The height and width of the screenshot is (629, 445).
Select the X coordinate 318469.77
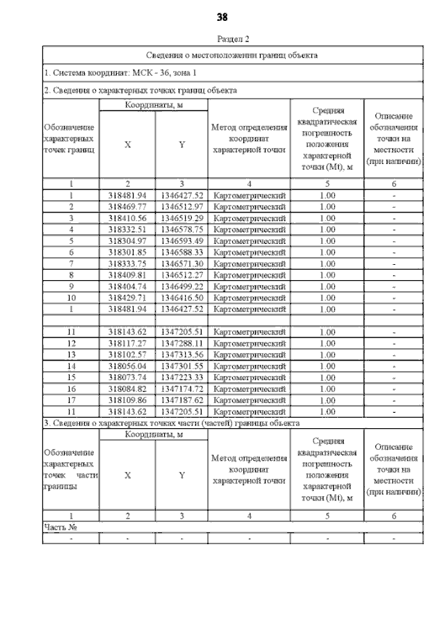point(127,207)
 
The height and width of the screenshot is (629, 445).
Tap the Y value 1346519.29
point(181,218)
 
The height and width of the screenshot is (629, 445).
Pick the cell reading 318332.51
point(127,229)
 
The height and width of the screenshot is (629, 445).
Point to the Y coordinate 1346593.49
point(181,240)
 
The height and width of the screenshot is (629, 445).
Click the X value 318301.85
point(127,252)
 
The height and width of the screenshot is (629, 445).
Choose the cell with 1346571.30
point(181,263)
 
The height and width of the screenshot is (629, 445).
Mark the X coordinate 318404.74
point(127,286)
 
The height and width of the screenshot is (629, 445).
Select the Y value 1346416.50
point(181,297)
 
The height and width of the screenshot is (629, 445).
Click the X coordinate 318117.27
point(127,343)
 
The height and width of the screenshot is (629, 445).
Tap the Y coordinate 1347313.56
point(181,354)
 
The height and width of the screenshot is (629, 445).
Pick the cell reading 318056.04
point(127,366)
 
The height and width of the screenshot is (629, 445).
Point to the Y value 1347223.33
point(181,377)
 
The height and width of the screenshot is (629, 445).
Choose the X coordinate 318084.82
point(127,389)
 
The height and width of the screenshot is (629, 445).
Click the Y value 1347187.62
point(181,400)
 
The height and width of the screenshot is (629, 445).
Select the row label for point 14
point(71,366)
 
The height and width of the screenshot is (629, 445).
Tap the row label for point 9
point(71,286)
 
